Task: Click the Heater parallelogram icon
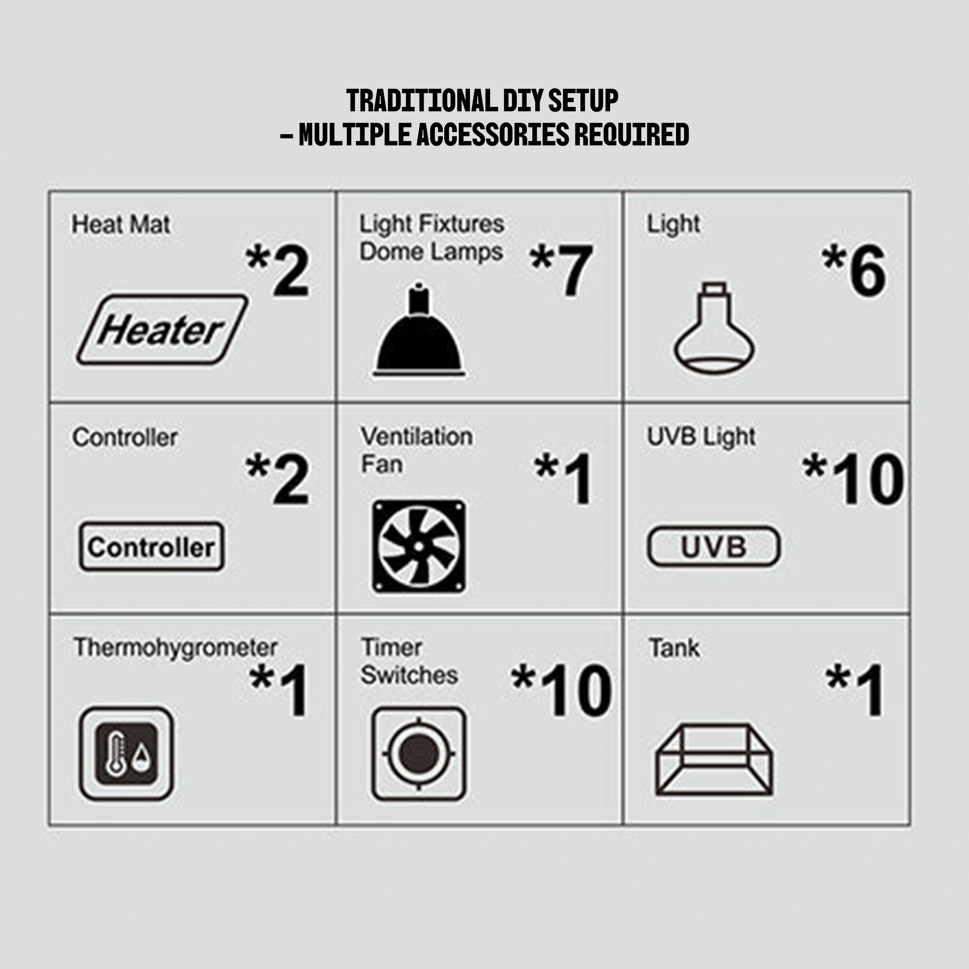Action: [x=162, y=329]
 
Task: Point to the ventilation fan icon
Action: [x=419, y=546]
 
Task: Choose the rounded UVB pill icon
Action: [x=714, y=546]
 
